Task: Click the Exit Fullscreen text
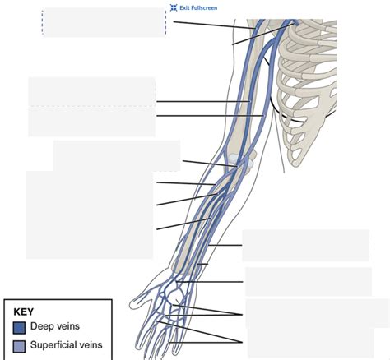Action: pyautogui.click(x=198, y=7)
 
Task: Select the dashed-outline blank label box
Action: pyautogui.click(x=104, y=22)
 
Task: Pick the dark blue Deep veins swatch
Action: pyautogui.click(x=19, y=327)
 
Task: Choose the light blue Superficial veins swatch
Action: pyautogui.click(x=19, y=345)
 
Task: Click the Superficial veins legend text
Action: pyautogui.click(x=66, y=345)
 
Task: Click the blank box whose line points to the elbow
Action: pyautogui.click(x=116, y=155)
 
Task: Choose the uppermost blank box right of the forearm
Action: pyautogui.click(x=305, y=245)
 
